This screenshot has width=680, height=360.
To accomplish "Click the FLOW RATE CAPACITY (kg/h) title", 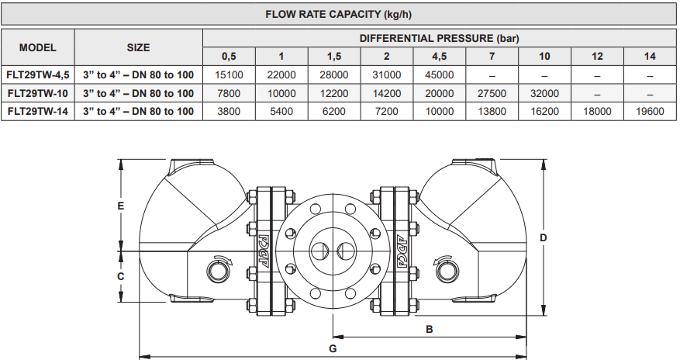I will click(340, 14).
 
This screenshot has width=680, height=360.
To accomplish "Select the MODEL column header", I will click(37, 47).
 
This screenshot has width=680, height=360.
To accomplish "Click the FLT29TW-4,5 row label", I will click(37, 75).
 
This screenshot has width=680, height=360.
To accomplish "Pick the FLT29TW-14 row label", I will click(37, 111).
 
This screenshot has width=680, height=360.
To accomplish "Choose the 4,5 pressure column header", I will click(439, 57).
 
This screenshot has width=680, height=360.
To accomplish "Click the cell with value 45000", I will click(439, 75).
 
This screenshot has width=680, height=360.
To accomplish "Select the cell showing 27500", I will click(492, 93).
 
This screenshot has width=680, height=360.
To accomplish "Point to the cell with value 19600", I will click(649, 111).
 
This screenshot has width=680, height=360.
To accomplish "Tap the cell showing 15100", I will click(229, 75).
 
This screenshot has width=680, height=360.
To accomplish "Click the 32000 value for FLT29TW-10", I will click(544, 93).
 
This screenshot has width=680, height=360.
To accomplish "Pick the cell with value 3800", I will click(229, 111).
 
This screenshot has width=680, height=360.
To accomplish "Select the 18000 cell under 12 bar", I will click(597, 111).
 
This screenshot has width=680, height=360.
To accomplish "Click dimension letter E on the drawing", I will click(120, 206).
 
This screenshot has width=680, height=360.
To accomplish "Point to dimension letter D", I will click(544, 237).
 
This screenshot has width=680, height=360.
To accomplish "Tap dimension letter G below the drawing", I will click(333, 348).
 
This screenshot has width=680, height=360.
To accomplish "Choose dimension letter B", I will click(430, 329).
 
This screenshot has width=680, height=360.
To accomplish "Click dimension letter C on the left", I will click(120, 276).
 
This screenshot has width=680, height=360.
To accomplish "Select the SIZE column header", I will click(138, 47).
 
